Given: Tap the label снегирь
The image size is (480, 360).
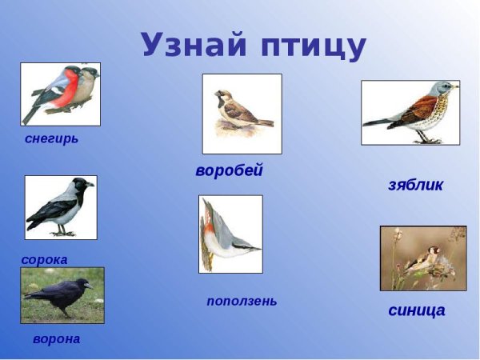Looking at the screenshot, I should click(52, 138).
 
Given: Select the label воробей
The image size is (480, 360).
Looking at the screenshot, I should click(229, 170).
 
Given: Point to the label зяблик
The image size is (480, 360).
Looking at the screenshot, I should click(415, 185).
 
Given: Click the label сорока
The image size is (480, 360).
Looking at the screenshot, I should click(44, 259).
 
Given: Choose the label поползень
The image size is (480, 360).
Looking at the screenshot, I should click(242, 301).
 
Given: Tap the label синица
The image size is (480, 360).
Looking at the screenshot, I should click(416, 310).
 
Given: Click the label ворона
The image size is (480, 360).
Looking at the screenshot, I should click(56, 338).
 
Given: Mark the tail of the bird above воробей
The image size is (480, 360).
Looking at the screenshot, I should click(265, 124).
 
